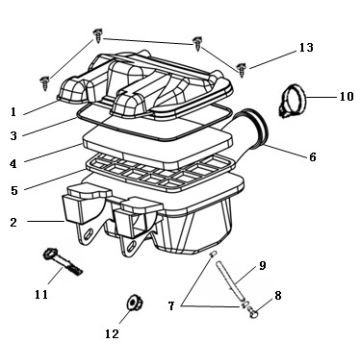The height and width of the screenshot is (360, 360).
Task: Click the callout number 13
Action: pos(306,48)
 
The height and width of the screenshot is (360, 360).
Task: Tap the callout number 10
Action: pos(346,97)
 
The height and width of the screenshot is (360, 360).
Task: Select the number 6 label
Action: pos(312,157)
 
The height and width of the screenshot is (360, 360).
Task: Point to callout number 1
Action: pos(13,112)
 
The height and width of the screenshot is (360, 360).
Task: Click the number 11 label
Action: pos(41,295)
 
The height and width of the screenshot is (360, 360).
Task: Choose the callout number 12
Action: pos(112,334)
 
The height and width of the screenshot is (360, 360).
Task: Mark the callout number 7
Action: pos(171,306)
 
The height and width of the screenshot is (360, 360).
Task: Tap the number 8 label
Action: pos(278,295)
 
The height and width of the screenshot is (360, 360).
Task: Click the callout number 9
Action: pos(263,266)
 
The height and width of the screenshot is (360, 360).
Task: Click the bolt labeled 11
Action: pos(63,262)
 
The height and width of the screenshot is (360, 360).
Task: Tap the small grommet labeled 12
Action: pos(134,303)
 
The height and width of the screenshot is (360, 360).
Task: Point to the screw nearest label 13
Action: pos(241,69)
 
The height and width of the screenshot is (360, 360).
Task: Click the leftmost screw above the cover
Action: pos(45,83)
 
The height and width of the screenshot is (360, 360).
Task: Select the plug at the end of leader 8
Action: pos(254,313)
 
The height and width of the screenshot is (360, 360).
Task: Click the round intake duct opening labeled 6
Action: pos(257,128)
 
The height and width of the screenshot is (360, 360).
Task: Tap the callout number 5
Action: pos(14,191)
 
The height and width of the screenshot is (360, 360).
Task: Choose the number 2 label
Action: pos(13,222)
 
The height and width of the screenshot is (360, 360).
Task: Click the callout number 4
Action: pos(13,164)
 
